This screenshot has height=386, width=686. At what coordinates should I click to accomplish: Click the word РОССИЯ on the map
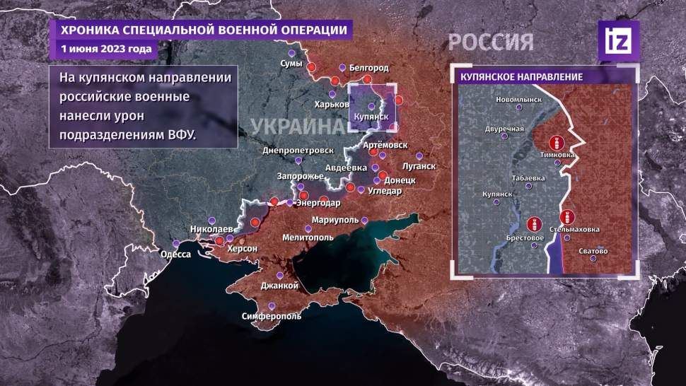point(490,42)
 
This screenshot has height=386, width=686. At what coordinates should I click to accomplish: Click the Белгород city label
point(368,67)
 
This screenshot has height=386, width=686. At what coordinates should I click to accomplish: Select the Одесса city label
point(176,254)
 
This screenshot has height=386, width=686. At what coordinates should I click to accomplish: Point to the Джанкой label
point(279,286)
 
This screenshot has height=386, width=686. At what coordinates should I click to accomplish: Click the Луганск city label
point(418,166)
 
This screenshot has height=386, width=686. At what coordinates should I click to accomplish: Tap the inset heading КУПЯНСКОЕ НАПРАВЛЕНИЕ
point(521,76)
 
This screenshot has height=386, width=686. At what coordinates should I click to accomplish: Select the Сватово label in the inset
point(593,250)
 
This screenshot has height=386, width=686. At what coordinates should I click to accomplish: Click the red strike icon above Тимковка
point(558,142)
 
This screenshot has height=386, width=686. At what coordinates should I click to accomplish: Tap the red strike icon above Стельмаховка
point(567,217)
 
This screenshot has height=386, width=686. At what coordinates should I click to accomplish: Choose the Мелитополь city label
point(308,238)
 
